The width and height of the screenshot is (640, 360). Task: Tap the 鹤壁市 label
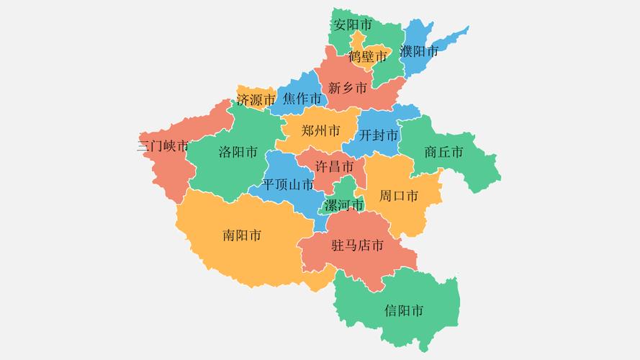click(x=367, y=56)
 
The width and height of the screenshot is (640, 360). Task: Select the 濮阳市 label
click(x=419, y=52)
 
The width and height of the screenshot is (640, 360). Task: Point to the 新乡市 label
click(x=348, y=89)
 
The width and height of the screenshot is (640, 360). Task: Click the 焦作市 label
click(x=302, y=99)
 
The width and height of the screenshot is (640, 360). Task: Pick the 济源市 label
click(x=256, y=100)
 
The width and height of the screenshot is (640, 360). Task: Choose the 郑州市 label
click(x=321, y=131)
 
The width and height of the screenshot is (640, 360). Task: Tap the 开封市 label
click(x=379, y=135)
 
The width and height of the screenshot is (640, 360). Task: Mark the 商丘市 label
click(x=443, y=152)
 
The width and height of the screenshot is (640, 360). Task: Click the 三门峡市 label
click(x=163, y=146)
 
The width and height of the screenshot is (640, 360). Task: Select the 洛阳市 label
click(x=238, y=153)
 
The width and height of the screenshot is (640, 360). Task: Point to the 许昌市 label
click(x=335, y=167)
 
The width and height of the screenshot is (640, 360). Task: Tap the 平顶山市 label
click(x=288, y=184)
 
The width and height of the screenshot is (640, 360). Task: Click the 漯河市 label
click(x=344, y=205)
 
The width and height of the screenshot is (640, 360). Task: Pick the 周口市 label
click(x=399, y=196)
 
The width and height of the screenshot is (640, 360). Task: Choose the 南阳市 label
click(x=242, y=235)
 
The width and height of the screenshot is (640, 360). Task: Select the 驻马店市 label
click(x=357, y=246)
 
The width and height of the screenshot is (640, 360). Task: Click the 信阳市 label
click(x=404, y=311)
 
